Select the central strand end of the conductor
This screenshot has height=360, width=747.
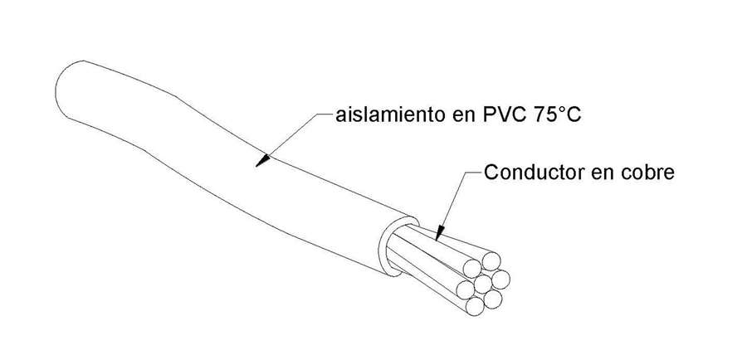tap(482, 285)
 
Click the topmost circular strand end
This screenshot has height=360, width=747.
tap(491, 261)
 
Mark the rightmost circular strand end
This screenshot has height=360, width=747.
tap(500, 279)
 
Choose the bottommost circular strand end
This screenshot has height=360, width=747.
tap(475, 307)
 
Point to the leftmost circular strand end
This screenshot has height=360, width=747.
tap(465, 289)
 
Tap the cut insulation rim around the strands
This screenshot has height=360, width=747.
tap(398, 246)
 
